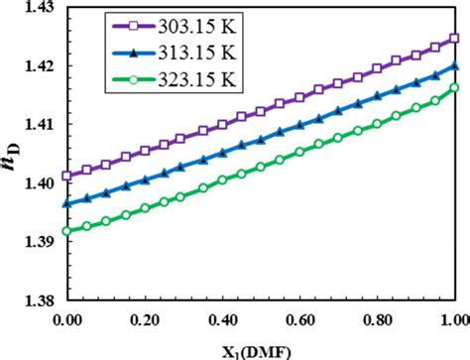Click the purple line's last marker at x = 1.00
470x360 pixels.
454,39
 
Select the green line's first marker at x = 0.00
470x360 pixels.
67,231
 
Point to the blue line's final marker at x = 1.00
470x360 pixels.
454,66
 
